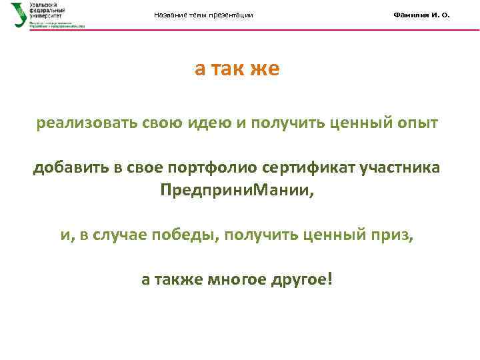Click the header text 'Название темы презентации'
[203, 15]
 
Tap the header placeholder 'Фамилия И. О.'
[421, 15]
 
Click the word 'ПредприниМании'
[234, 190]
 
